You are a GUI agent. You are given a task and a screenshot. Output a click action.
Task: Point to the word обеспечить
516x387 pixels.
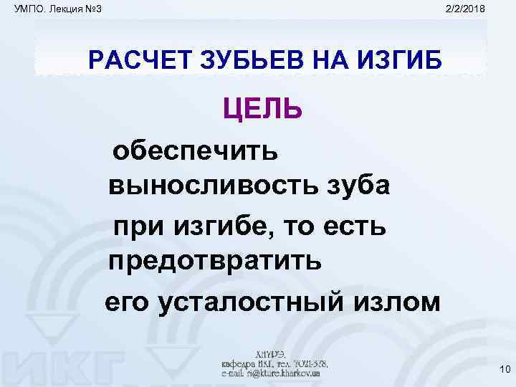pos(194,151)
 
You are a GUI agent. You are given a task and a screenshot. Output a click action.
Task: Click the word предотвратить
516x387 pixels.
pos(214,260)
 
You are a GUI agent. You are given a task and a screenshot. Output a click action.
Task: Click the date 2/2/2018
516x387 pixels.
pos(465,8)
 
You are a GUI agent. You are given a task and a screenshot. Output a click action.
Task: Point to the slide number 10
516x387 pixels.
pos(502,370)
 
